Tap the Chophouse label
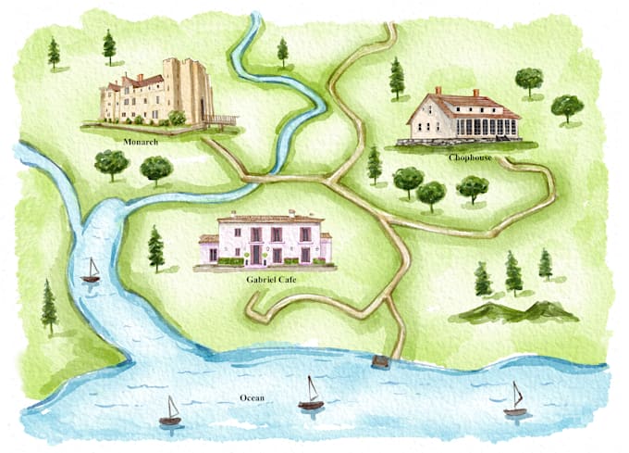471,157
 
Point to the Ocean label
253,398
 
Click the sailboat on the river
91,271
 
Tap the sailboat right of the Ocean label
312,394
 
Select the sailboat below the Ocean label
170,412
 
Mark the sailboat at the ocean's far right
515,399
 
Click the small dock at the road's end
379,360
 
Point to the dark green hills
513,312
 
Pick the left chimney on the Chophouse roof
438,92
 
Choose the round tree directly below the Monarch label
111,164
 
